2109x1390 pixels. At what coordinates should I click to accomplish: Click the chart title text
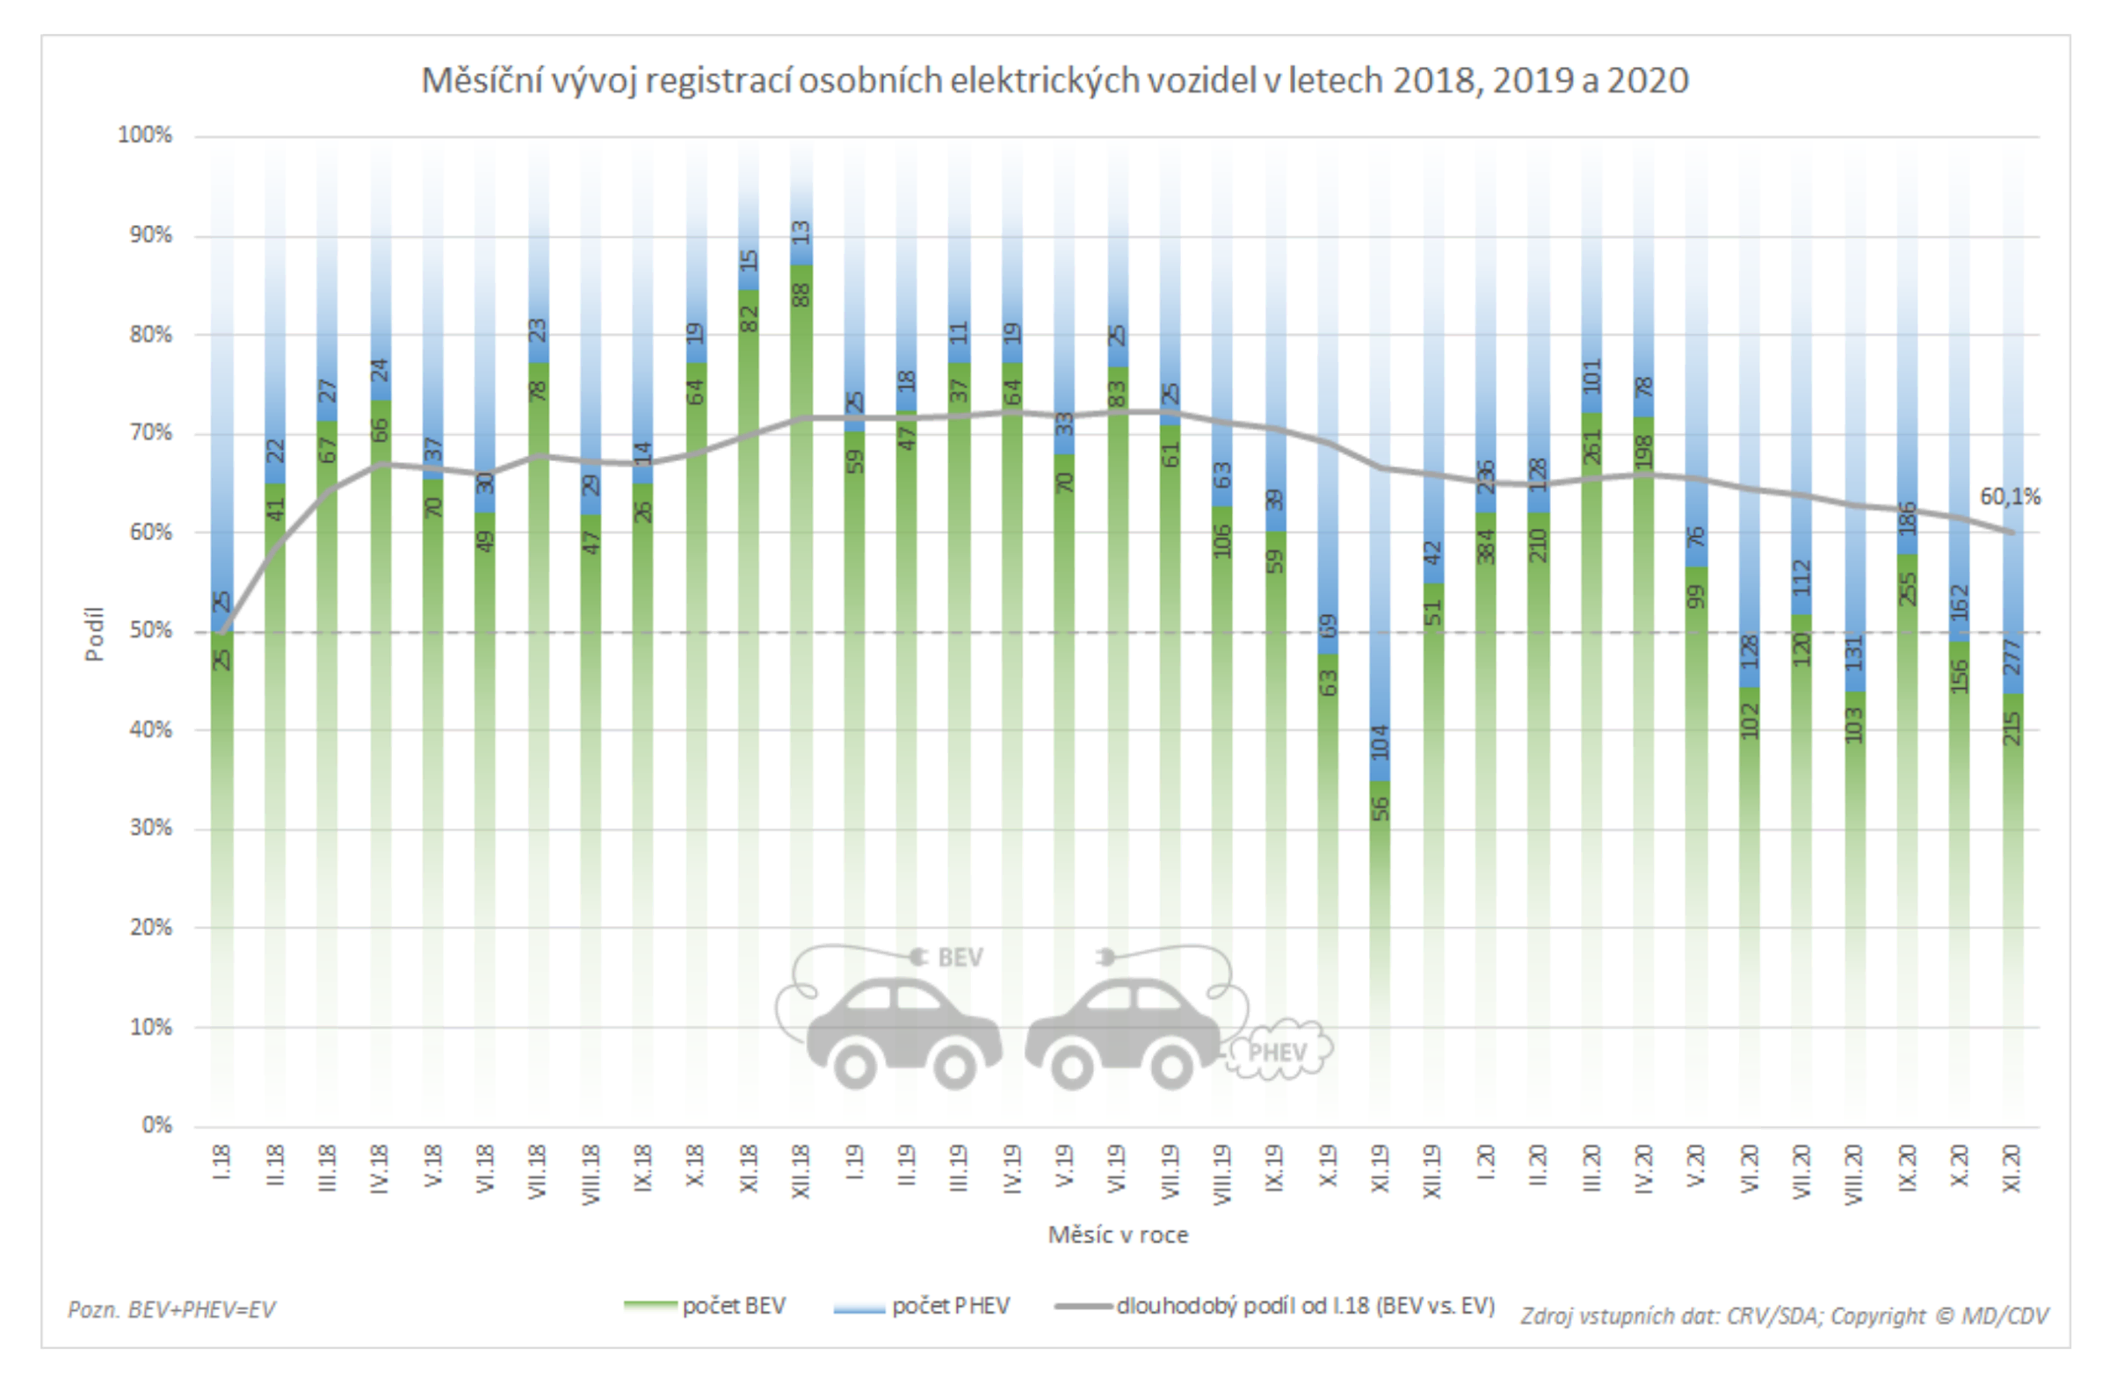click(x=1054, y=81)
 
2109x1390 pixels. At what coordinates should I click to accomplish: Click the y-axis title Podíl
click(x=94, y=633)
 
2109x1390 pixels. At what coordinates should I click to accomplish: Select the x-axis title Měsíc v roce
click(x=1117, y=1234)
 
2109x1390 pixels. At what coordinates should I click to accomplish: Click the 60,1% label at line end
click(x=2010, y=497)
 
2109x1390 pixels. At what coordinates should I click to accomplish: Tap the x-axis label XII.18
click(x=801, y=1172)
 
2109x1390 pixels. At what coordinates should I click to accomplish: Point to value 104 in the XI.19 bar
click(x=1381, y=742)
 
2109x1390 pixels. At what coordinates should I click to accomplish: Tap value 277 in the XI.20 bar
click(x=2012, y=658)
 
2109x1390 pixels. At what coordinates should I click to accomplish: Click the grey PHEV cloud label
click(x=1278, y=1053)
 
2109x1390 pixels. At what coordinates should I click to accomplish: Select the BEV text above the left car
click(x=960, y=959)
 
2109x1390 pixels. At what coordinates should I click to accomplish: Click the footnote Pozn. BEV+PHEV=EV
click(x=172, y=1309)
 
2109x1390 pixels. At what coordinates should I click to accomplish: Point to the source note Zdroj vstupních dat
click(x=1784, y=1315)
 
